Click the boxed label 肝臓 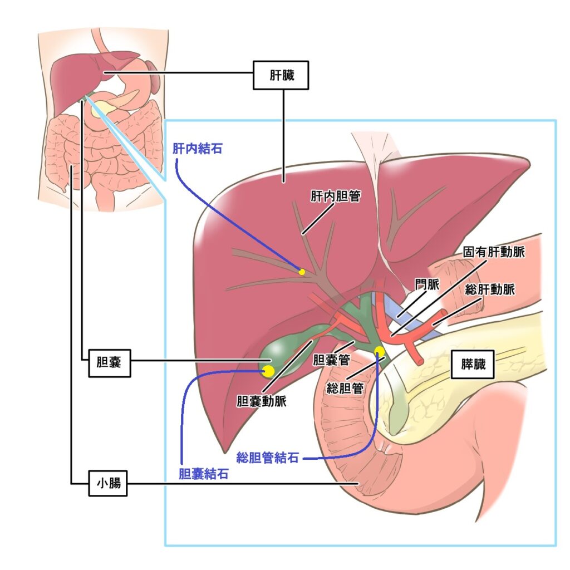pyautogui.click(x=281, y=75)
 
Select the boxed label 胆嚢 pyautogui.click(x=110, y=363)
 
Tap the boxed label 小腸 pyautogui.click(x=108, y=483)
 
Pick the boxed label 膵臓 pyautogui.click(x=472, y=364)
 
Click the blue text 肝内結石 pyautogui.click(x=198, y=148)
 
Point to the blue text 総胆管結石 pyautogui.click(x=268, y=458)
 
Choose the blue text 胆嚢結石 pyautogui.click(x=204, y=474)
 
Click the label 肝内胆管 pyautogui.click(x=335, y=196)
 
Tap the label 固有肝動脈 pyautogui.click(x=494, y=252)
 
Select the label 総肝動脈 pyautogui.click(x=490, y=289)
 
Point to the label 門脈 pyautogui.click(x=427, y=284)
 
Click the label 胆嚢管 pyautogui.click(x=331, y=360)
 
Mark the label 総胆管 pyautogui.click(x=345, y=388)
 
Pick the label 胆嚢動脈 pyautogui.click(x=262, y=401)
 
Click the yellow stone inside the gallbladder pyautogui.click(x=268, y=371)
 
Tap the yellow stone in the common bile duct pyautogui.click(x=379, y=351)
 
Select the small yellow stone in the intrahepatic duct pyautogui.click(x=301, y=272)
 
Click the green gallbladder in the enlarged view pyautogui.click(x=280, y=352)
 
